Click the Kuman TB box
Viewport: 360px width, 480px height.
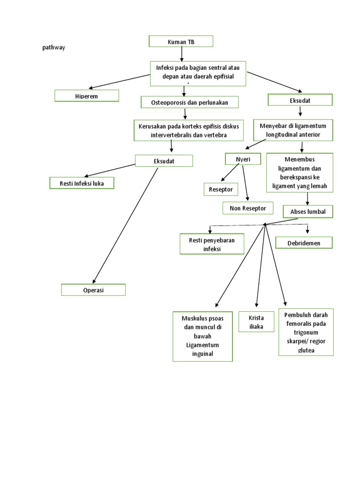pyautogui.click(x=181, y=42)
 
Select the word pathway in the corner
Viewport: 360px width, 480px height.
pyautogui.click(x=53, y=47)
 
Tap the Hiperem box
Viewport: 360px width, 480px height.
pyautogui.click(x=87, y=96)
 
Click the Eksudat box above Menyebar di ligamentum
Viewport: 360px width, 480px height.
pyautogui.click(x=300, y=100)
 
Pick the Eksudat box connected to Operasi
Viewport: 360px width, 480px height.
pyautogui.click(x=164, y=161)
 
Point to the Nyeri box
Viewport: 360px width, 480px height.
pyautogui.click(x=243, y=159)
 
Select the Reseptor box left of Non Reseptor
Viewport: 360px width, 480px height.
pyautogui.click(x=221, y=189)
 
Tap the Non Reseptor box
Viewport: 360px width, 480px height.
pyautogui.click(x=247, y=208)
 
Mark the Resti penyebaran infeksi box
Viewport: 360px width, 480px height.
pyautogui.click(x=212, y=244)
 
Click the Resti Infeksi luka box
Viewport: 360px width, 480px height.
pyautogui.click(x=82, y=183)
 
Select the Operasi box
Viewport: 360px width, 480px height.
pyautogui.click(x=93, y=290)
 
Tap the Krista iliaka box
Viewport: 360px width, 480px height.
pyautogui.click(x=256, y=322)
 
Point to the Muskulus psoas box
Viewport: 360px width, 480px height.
pyautogui.click(x=202, y=336)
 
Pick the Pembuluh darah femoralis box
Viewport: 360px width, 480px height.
pyautogui.click(x=306, y=332)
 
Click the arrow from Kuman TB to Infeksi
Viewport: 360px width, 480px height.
pyautogui.click(x=181, y=54)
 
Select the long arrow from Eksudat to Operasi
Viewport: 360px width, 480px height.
pyautogui.click(x=126, y=225)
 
